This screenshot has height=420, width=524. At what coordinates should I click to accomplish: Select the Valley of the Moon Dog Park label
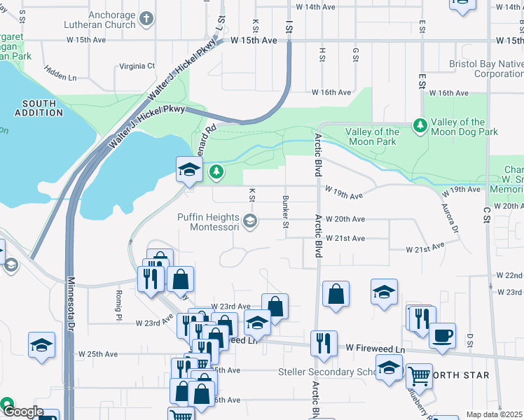pos(465,127)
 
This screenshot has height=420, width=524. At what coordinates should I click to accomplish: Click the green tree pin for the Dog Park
pos(420,125)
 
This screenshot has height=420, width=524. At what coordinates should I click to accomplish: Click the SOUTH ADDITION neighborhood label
pos(38,107)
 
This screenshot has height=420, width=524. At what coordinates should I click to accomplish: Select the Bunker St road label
pos(285,211)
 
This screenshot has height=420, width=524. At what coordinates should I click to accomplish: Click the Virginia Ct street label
pos(137,66)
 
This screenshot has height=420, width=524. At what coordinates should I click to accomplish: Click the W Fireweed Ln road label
pos(375,348)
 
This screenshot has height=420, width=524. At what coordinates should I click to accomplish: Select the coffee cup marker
pos(441,334)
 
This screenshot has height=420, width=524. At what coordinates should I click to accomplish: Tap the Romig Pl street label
pos(116,303)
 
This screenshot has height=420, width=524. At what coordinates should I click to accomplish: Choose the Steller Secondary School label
pos(325,372)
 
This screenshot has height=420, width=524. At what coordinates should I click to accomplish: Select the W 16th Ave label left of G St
pos(331,92)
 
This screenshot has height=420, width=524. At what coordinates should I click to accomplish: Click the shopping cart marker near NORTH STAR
pos(419,375)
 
